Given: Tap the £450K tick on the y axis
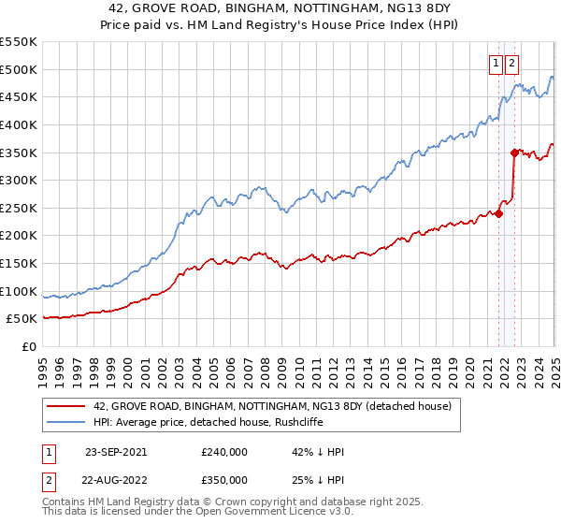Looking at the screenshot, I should click(x=19, y=96).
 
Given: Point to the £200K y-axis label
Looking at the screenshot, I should click(x=19, y=236).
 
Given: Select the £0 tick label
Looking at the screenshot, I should click(x=28, y=346).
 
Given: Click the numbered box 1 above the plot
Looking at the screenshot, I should click(x=495, y=64).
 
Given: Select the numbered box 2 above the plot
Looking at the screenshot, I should click(x=511, y=64).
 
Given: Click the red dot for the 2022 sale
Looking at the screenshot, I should click(x=514, y=153).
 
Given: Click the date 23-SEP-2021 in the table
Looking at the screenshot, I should click(x=115, y=452).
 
